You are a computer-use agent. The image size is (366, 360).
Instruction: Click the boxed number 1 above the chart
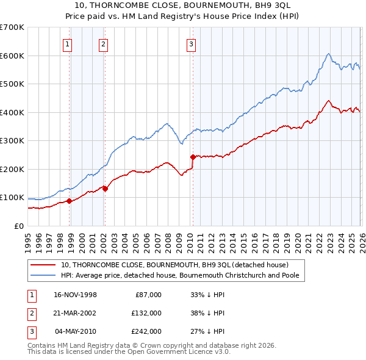tap(66, 44)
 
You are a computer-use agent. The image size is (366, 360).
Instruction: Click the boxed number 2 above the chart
tap(103, 44)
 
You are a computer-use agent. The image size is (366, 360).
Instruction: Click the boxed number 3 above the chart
tap(191, 44)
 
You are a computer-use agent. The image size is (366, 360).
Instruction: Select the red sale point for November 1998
tap(70, 201)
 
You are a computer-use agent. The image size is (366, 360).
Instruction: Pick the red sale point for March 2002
tap(105, 189)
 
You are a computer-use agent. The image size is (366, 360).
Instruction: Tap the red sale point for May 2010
tap(193, 157)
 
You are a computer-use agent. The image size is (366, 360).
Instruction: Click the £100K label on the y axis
tap(12, 198)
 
